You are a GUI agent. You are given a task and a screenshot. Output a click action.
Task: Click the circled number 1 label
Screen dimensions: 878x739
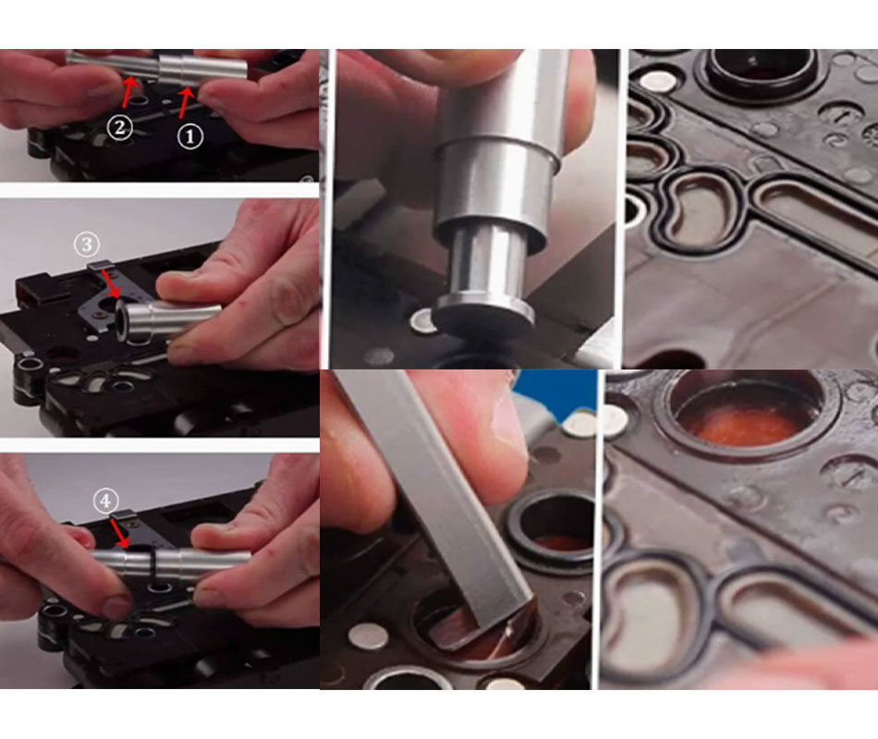tap(190, 136)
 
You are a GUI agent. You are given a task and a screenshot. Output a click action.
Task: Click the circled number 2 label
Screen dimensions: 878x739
tap(120, 127)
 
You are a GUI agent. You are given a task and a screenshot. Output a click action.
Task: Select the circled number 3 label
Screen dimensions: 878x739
tap(87, 244)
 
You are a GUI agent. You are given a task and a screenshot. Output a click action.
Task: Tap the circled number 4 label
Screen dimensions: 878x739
tap(106, 501)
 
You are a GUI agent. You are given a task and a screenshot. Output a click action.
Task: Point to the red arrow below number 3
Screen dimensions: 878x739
tap(110, 284)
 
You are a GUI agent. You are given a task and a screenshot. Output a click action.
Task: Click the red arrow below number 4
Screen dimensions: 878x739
tap(118, 532)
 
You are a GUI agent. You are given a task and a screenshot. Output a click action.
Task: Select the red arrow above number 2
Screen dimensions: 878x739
tap(128, 91)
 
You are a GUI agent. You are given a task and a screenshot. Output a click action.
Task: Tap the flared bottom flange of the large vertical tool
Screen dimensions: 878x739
tap(484, 310)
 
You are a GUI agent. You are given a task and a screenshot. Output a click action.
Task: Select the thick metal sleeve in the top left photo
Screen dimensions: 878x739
tap(202, 71)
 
